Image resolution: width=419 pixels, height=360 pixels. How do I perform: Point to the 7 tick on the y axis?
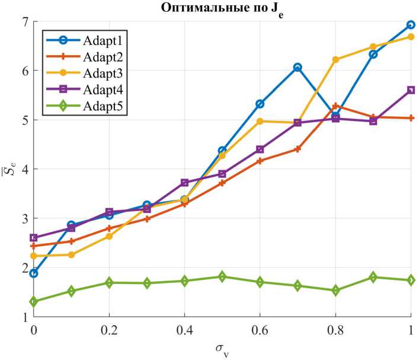pos(24,22)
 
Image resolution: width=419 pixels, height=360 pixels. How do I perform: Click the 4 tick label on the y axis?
pos(24,169)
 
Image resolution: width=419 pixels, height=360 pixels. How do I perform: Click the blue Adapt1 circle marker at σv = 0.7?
pos(298,68)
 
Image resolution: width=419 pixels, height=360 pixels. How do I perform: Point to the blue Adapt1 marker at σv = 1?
pos(411,25)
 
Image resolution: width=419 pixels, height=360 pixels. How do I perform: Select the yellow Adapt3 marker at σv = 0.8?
pos(335,59)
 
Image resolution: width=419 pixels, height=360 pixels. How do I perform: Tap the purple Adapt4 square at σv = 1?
pos(411,90)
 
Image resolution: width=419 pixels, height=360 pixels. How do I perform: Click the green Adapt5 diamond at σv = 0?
pos(34,302)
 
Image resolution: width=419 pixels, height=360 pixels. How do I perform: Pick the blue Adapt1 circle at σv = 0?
pos(34,273)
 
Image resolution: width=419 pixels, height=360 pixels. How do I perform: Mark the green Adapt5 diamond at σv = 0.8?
pos(335,291)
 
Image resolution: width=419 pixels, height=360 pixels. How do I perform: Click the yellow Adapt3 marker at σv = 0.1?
pos(72,255)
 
